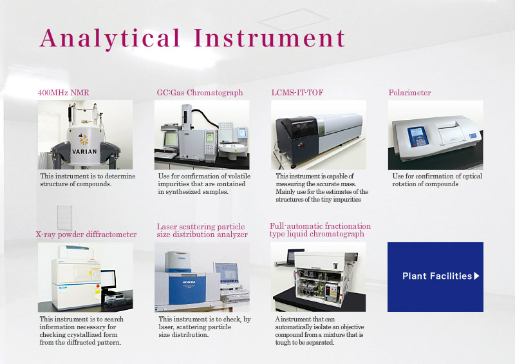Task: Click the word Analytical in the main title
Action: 109,39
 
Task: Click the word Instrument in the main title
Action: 269,38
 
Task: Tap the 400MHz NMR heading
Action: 63,92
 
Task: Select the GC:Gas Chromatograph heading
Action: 200,93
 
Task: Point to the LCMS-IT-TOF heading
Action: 297,92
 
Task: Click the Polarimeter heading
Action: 409,92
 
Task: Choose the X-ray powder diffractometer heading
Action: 86,235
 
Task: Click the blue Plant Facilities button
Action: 435,277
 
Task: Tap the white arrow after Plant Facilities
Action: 476,276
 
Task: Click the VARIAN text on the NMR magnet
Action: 84,151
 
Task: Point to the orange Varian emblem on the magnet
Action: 84,139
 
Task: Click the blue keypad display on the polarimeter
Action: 417,137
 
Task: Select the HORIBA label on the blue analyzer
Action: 189,282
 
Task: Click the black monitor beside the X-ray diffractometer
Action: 109,279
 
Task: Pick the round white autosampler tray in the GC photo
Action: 233,149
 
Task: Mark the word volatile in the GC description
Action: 239,177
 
